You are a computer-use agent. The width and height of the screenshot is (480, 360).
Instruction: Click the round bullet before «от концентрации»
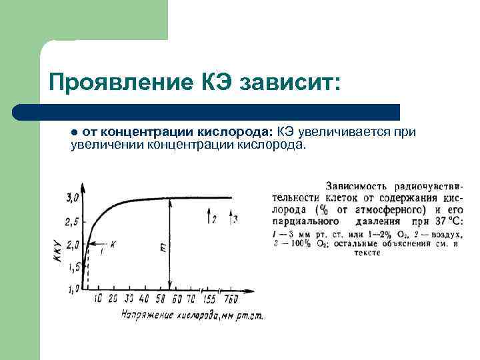[x=75, y=132]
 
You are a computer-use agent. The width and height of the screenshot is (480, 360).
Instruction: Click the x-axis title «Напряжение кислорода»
[x=170, y=314]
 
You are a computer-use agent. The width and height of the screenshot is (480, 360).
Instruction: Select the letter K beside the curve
[x=113, y=245]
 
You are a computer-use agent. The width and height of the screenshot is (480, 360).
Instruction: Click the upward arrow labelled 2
[x=211, y=217]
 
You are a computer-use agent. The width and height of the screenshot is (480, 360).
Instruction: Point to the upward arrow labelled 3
[x=231, y=217]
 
